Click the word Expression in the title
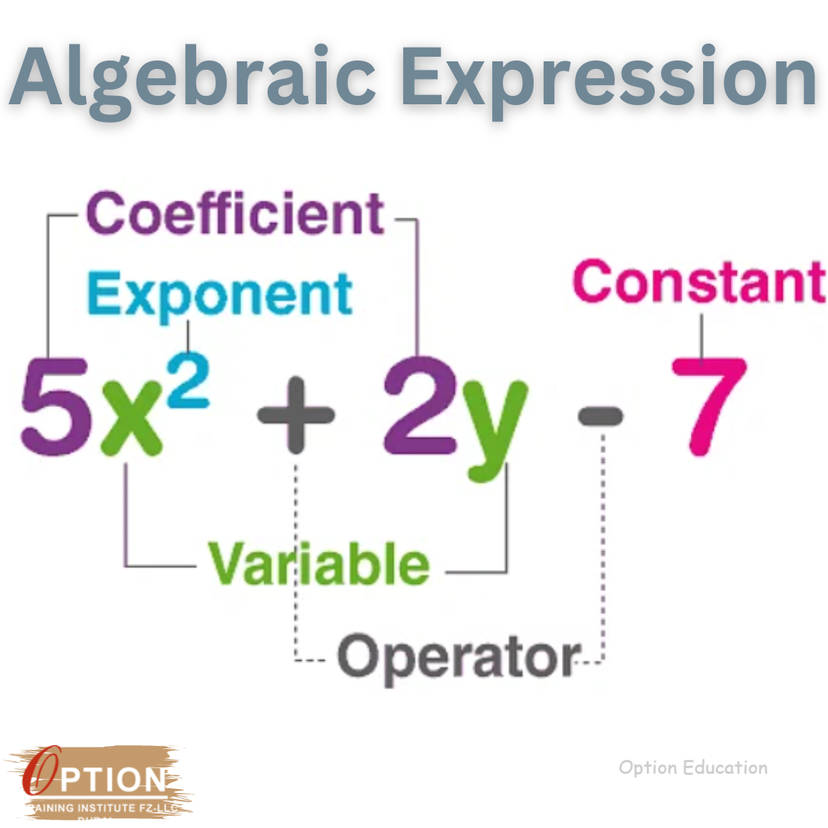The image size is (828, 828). (609, 77)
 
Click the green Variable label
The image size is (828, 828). (319, 563)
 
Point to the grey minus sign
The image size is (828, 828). (600, 416)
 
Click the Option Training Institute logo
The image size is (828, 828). (100, 782)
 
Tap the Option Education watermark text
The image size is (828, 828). (692, 767)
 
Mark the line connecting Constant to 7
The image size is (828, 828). (701, 333)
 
